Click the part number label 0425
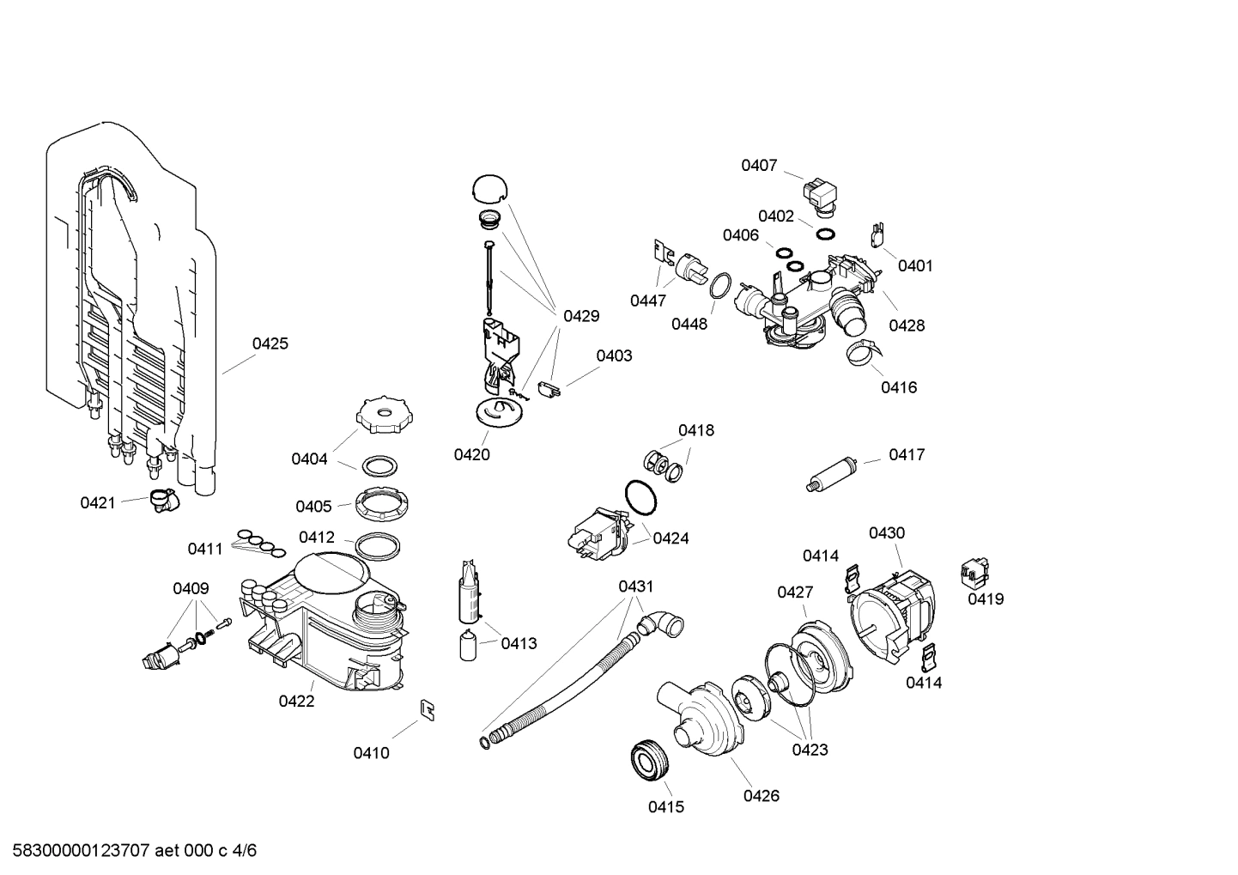click(x=270, y=343)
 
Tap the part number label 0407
click(x=759, y=166)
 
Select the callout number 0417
click(x=907, y=454)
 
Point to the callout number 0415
click(x=665, y=807)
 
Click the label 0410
click(x=371, y=753)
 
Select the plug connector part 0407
click(x=821, y=193)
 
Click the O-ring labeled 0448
click(x=721, y=286)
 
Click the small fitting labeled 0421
click(x=161, y=500)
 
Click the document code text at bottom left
click(x=129, y=851)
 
